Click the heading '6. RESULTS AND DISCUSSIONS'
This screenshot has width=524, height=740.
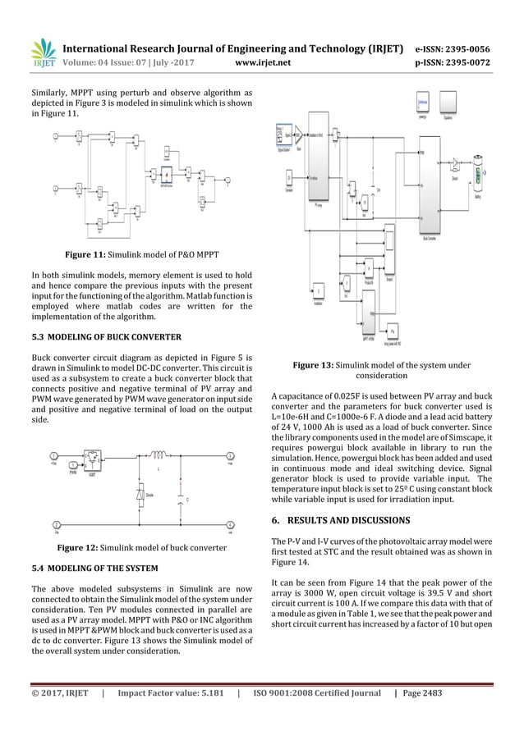(x=340, y=521)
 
